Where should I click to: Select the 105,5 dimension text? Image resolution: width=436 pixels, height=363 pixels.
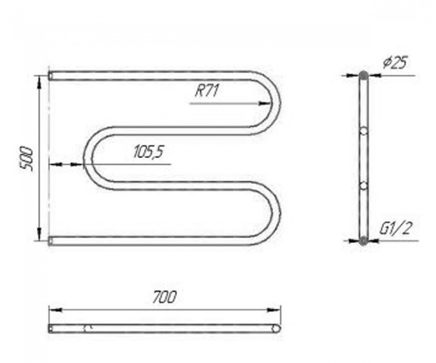149,152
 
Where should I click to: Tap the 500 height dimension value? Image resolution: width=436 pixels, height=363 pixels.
27,159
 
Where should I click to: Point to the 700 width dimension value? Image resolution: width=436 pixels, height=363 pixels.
164,297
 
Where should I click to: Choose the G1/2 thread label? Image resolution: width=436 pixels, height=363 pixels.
395,228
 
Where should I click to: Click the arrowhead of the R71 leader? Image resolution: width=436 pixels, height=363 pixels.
264,104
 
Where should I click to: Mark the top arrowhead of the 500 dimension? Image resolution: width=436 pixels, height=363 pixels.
40,82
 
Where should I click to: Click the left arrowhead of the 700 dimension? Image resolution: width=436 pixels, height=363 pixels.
55,310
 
